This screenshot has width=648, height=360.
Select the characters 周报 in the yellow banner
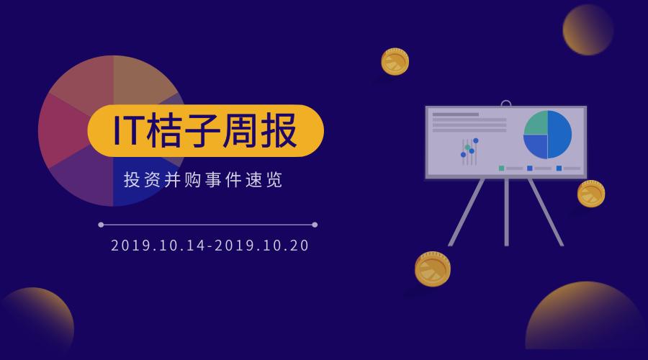tap(263, 131)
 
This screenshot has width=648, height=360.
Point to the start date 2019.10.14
tap(156, 246)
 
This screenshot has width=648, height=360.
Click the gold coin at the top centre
tap(395, 62)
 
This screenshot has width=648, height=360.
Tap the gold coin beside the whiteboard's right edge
tap(590, 194)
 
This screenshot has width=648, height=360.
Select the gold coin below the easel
tap(433, 269)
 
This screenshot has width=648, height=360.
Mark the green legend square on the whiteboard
tap(501, 168)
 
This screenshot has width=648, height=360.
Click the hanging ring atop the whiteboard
tap(505, 104)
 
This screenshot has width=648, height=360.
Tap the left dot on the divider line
tap(101, 225)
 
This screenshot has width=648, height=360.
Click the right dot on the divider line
tap(315, 225)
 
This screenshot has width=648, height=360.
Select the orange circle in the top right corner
tap(588, 30)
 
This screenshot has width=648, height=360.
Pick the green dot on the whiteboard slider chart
tap(467, 148)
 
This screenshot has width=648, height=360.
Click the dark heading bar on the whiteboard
tap(455, 114)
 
